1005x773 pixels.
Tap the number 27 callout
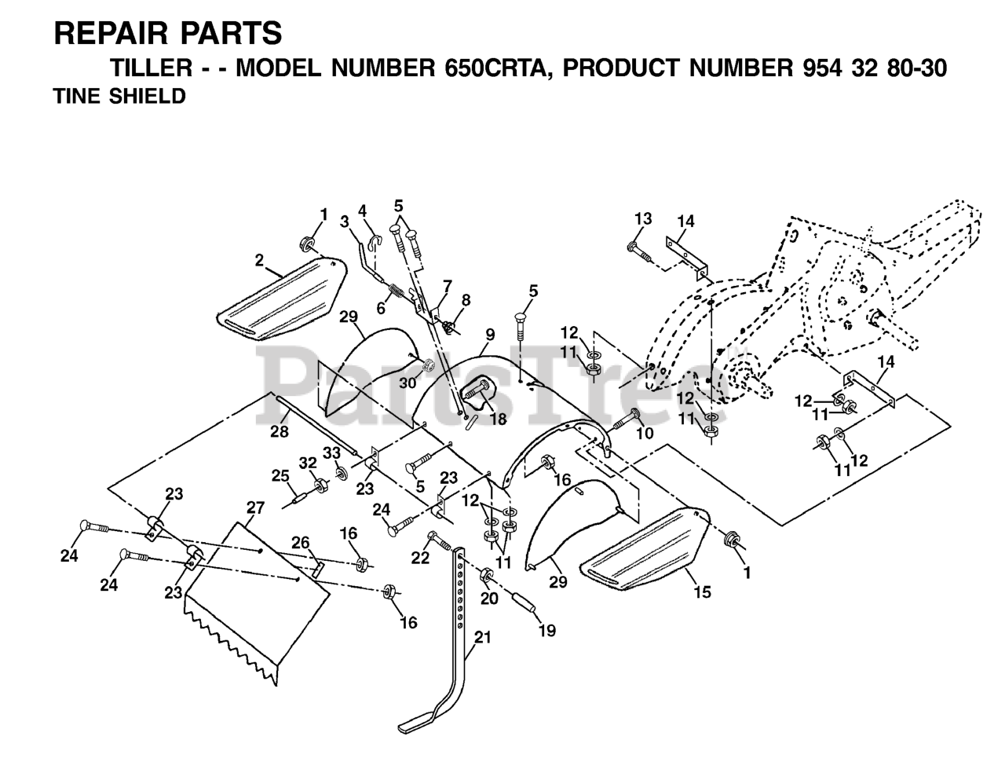pyautogui.click(x=256, y=507)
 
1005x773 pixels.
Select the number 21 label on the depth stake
pyautogui.click(x=482, y=638)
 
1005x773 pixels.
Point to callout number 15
pyautogui.click(x=703, y=592)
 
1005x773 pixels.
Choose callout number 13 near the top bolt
pyautogui.click(x=643, y=218)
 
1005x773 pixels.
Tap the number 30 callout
pyautogui.click(x=407, y=383)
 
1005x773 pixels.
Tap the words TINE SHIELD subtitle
pyautogui.click(x=119, y=97)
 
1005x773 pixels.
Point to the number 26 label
pyautogui.click(x=301, y=541)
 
